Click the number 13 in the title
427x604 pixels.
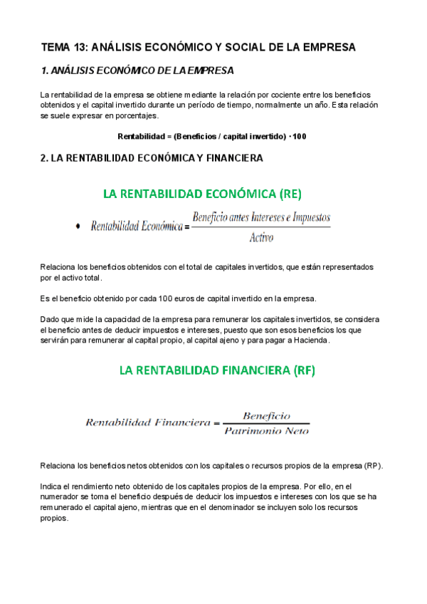(x=80, y=48)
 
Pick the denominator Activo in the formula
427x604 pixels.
(x=261, y=238)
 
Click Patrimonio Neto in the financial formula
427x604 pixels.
(x=266, y=429)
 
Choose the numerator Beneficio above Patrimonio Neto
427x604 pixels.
(x=266, y=415)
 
